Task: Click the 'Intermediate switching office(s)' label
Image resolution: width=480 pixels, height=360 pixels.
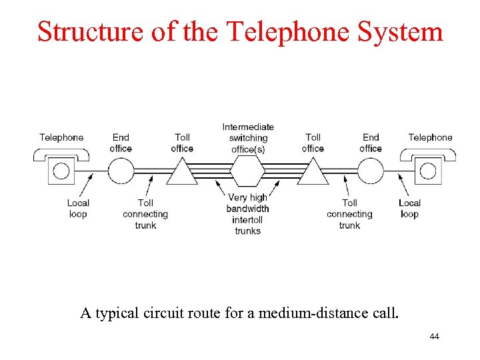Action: click(x=248, y=138)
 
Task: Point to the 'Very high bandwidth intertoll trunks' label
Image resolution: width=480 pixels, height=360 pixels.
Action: click(x=247, y=214)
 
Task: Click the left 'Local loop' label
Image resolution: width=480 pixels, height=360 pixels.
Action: click(x=78, y=209)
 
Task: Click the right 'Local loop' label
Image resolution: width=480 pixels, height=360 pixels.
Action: click(x=409, y=209)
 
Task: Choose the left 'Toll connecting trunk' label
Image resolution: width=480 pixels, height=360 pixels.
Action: click(x=145, y=214)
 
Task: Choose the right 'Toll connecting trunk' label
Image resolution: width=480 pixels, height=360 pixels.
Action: click(x=349, y=214)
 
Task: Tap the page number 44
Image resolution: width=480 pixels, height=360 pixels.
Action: click(x=434, y=337)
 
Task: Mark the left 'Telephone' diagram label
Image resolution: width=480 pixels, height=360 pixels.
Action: click(x=61, y=137)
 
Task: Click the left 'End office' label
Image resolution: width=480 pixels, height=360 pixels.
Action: click(x=121, y=143)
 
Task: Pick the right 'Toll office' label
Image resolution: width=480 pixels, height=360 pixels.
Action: click(x=313, y=143)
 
